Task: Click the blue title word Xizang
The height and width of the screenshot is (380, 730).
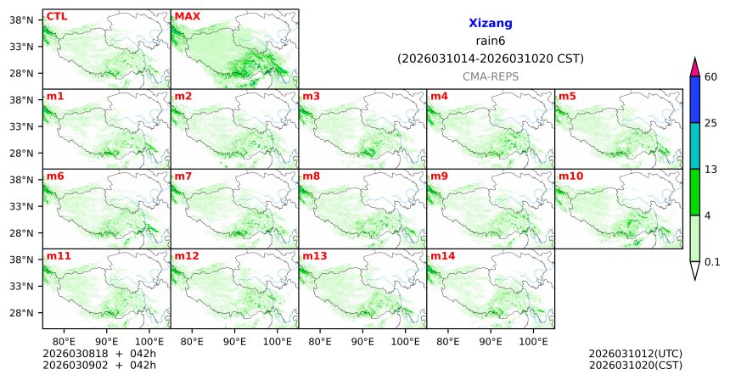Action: tap(490, 24)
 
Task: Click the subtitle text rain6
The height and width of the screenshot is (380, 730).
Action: tap(490, 42)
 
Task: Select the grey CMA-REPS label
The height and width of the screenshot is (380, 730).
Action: tap(490, 76)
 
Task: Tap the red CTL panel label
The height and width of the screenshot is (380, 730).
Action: tap(56, 16)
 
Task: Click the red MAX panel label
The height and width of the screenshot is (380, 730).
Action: tap(187, 16)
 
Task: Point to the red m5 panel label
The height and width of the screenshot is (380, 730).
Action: tap(566, 96)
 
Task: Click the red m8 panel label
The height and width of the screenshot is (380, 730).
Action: tap(311, 176)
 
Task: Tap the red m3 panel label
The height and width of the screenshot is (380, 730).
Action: tap(311, 96)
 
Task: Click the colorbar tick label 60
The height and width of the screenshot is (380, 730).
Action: tap(711, 77)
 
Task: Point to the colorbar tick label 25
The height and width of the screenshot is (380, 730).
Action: tap(711, 123)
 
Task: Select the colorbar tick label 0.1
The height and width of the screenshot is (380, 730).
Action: tap(712, 261)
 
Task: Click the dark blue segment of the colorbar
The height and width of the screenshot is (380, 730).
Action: tap(694, 100)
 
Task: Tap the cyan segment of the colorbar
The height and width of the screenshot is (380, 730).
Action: tap(694, 146)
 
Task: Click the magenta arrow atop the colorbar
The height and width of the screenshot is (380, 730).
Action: tap(694, 67)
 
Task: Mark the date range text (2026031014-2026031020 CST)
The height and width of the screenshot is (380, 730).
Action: tap(490, 59)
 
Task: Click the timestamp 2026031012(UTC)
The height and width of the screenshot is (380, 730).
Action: tap(635, 353)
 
